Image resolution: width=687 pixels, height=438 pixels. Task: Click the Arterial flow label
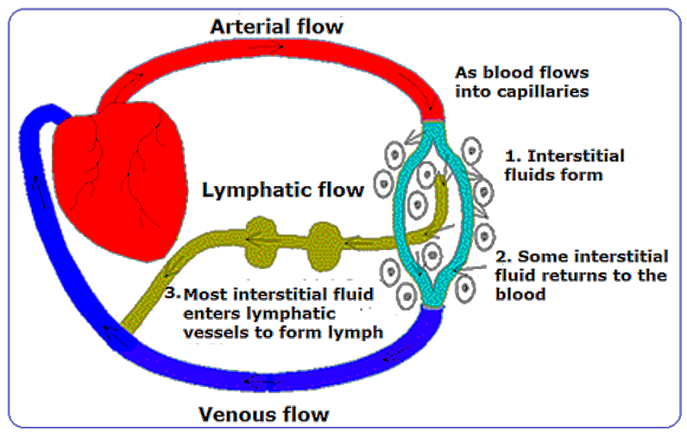coord(276,27)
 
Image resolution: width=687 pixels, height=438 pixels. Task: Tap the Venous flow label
coord(264,415)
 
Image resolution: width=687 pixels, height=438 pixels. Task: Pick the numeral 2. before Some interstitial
coord(504,257)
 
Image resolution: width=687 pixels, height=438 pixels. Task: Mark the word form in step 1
coord(586,176)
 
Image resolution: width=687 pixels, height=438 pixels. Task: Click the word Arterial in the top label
coord(245,27)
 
